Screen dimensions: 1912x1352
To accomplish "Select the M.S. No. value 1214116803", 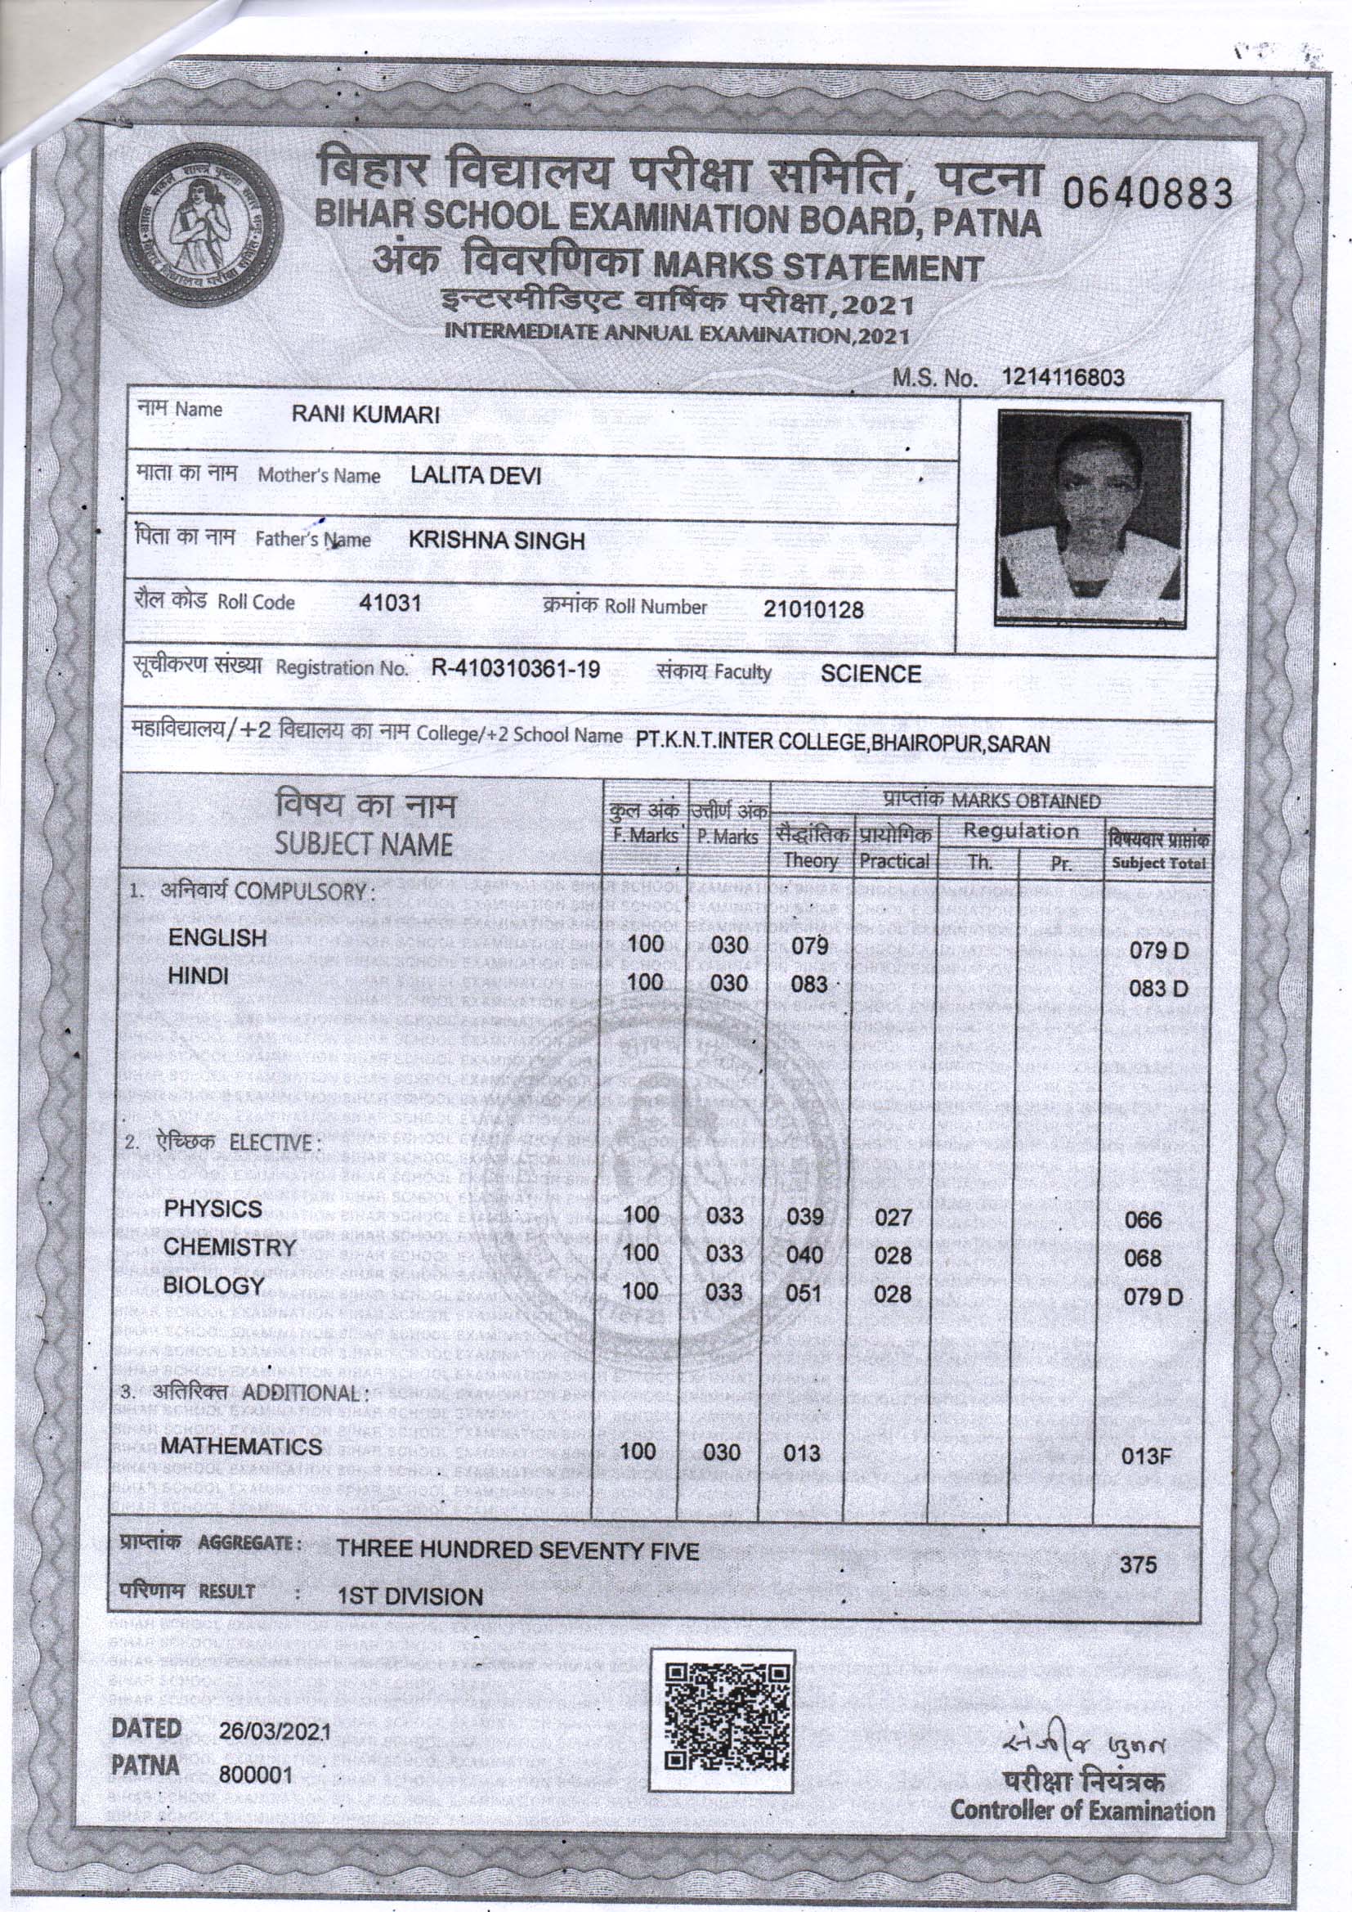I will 1064,378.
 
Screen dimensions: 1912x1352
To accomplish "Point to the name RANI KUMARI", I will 365,415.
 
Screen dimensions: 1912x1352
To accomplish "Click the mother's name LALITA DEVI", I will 477,475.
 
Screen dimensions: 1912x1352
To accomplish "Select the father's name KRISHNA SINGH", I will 497,541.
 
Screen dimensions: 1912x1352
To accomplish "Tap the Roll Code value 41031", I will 390,603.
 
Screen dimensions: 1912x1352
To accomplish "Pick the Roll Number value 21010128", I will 813,609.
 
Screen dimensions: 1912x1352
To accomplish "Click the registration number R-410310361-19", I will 516,670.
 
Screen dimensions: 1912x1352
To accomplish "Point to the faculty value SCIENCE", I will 871,674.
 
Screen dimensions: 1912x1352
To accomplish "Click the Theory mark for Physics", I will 805,1218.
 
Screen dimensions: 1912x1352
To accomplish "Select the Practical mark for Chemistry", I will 893,1255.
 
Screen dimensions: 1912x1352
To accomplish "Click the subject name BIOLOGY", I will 213,1286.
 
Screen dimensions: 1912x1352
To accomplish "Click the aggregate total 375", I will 1138,1564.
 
